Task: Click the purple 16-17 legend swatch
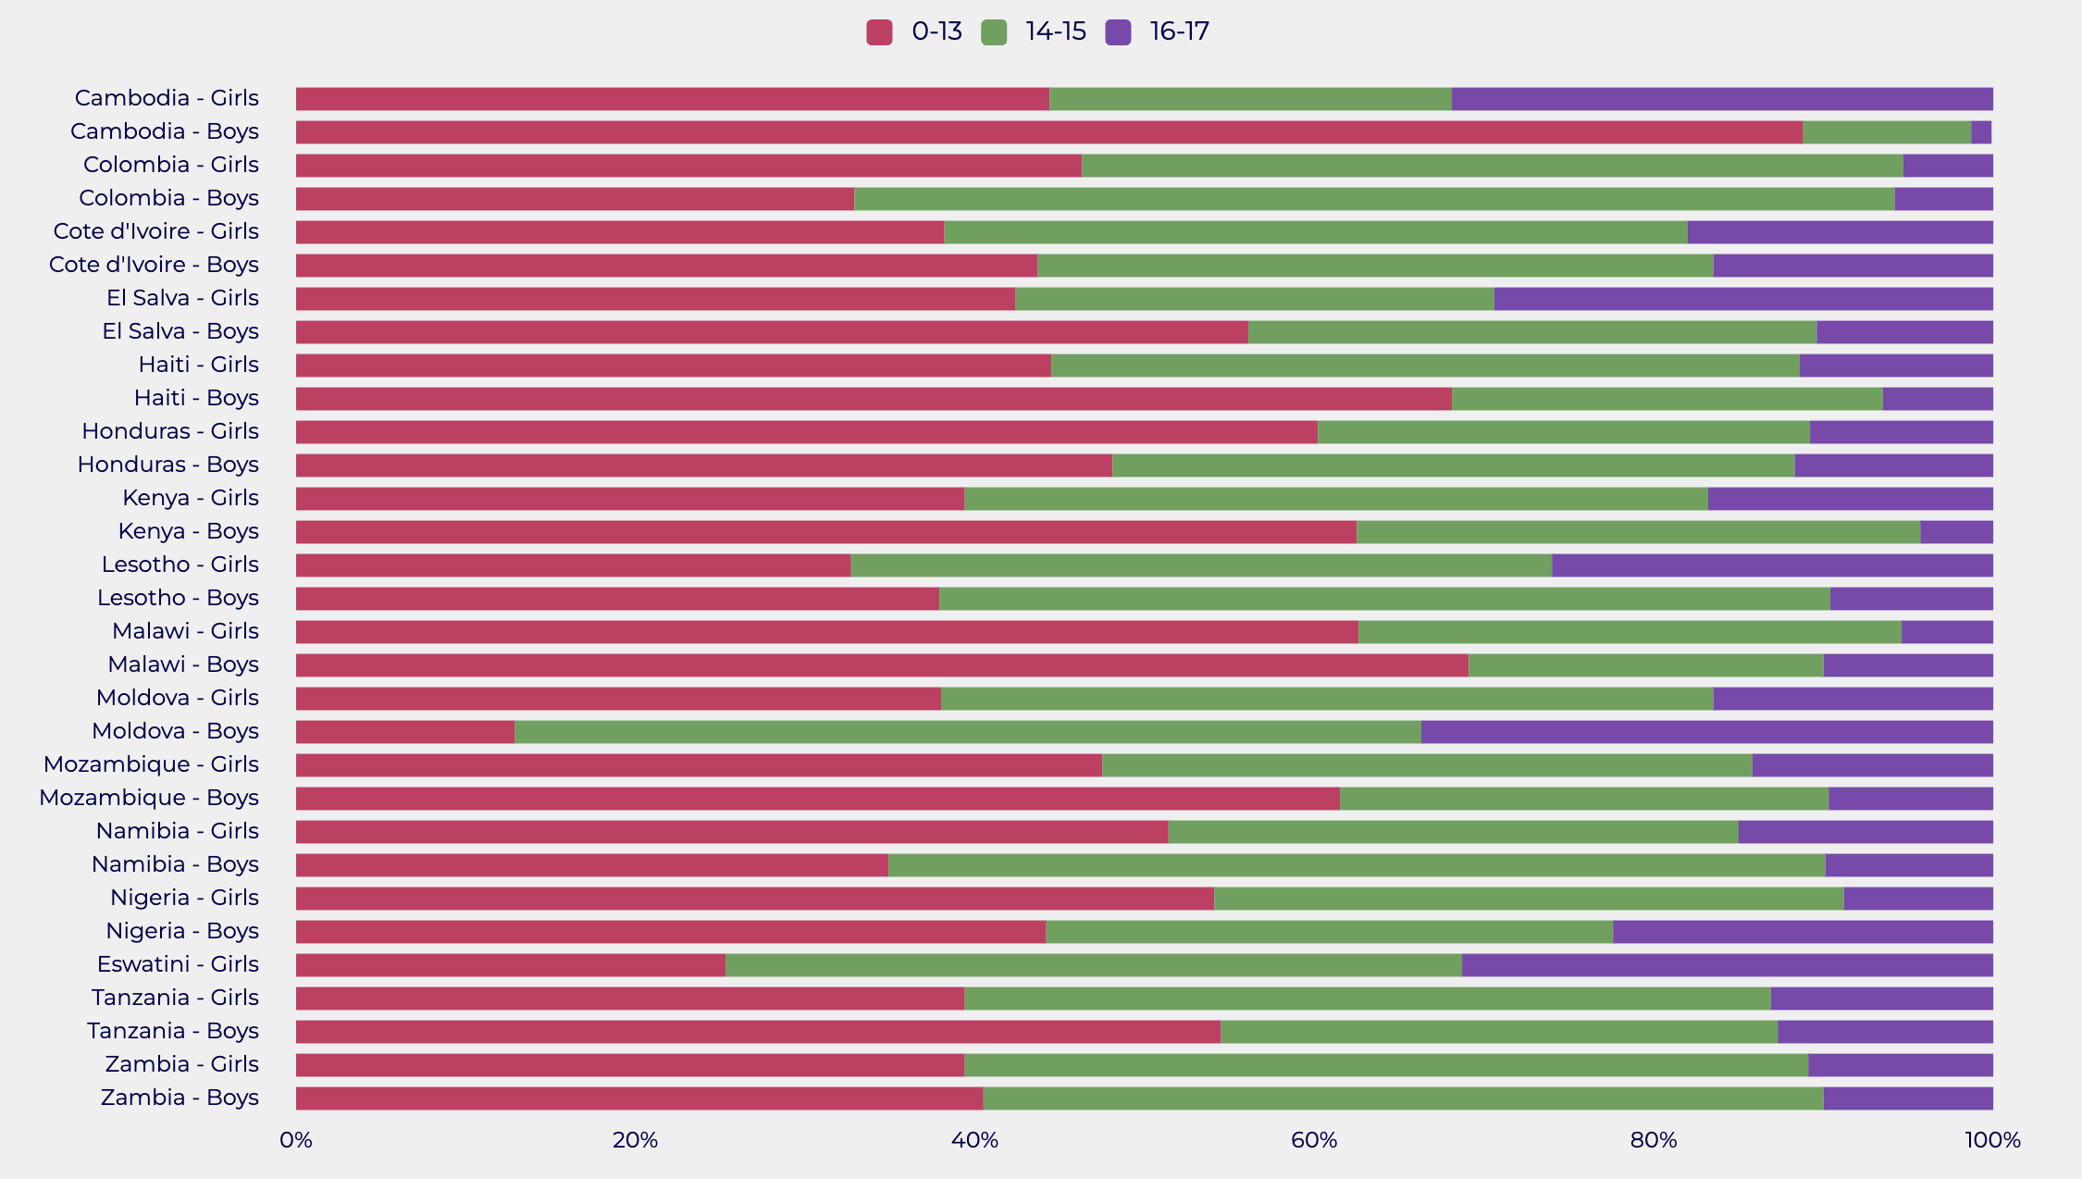point(1118,32)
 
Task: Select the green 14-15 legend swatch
point(994,32)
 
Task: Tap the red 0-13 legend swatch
point(879,32)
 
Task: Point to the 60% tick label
point(1314,1140)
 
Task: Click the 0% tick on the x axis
point(296,1140)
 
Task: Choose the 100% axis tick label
point(1992,1140)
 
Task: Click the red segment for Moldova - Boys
point(405,732)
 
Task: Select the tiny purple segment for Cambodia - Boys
point(1981,132)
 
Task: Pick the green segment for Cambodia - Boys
point(1887,132)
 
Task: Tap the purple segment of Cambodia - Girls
point(1722,99)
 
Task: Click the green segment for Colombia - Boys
point(1374,199)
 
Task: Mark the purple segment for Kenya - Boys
point(1956,532)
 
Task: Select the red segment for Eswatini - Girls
point(511,965)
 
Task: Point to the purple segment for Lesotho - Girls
point(1772,565)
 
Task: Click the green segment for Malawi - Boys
point(1645,665)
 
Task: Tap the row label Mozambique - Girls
point(151,764)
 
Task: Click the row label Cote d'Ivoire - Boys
point(154,265)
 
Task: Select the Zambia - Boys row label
point(180,1098)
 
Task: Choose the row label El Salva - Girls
point(182,298)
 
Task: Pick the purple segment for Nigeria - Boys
point(1803,932)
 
